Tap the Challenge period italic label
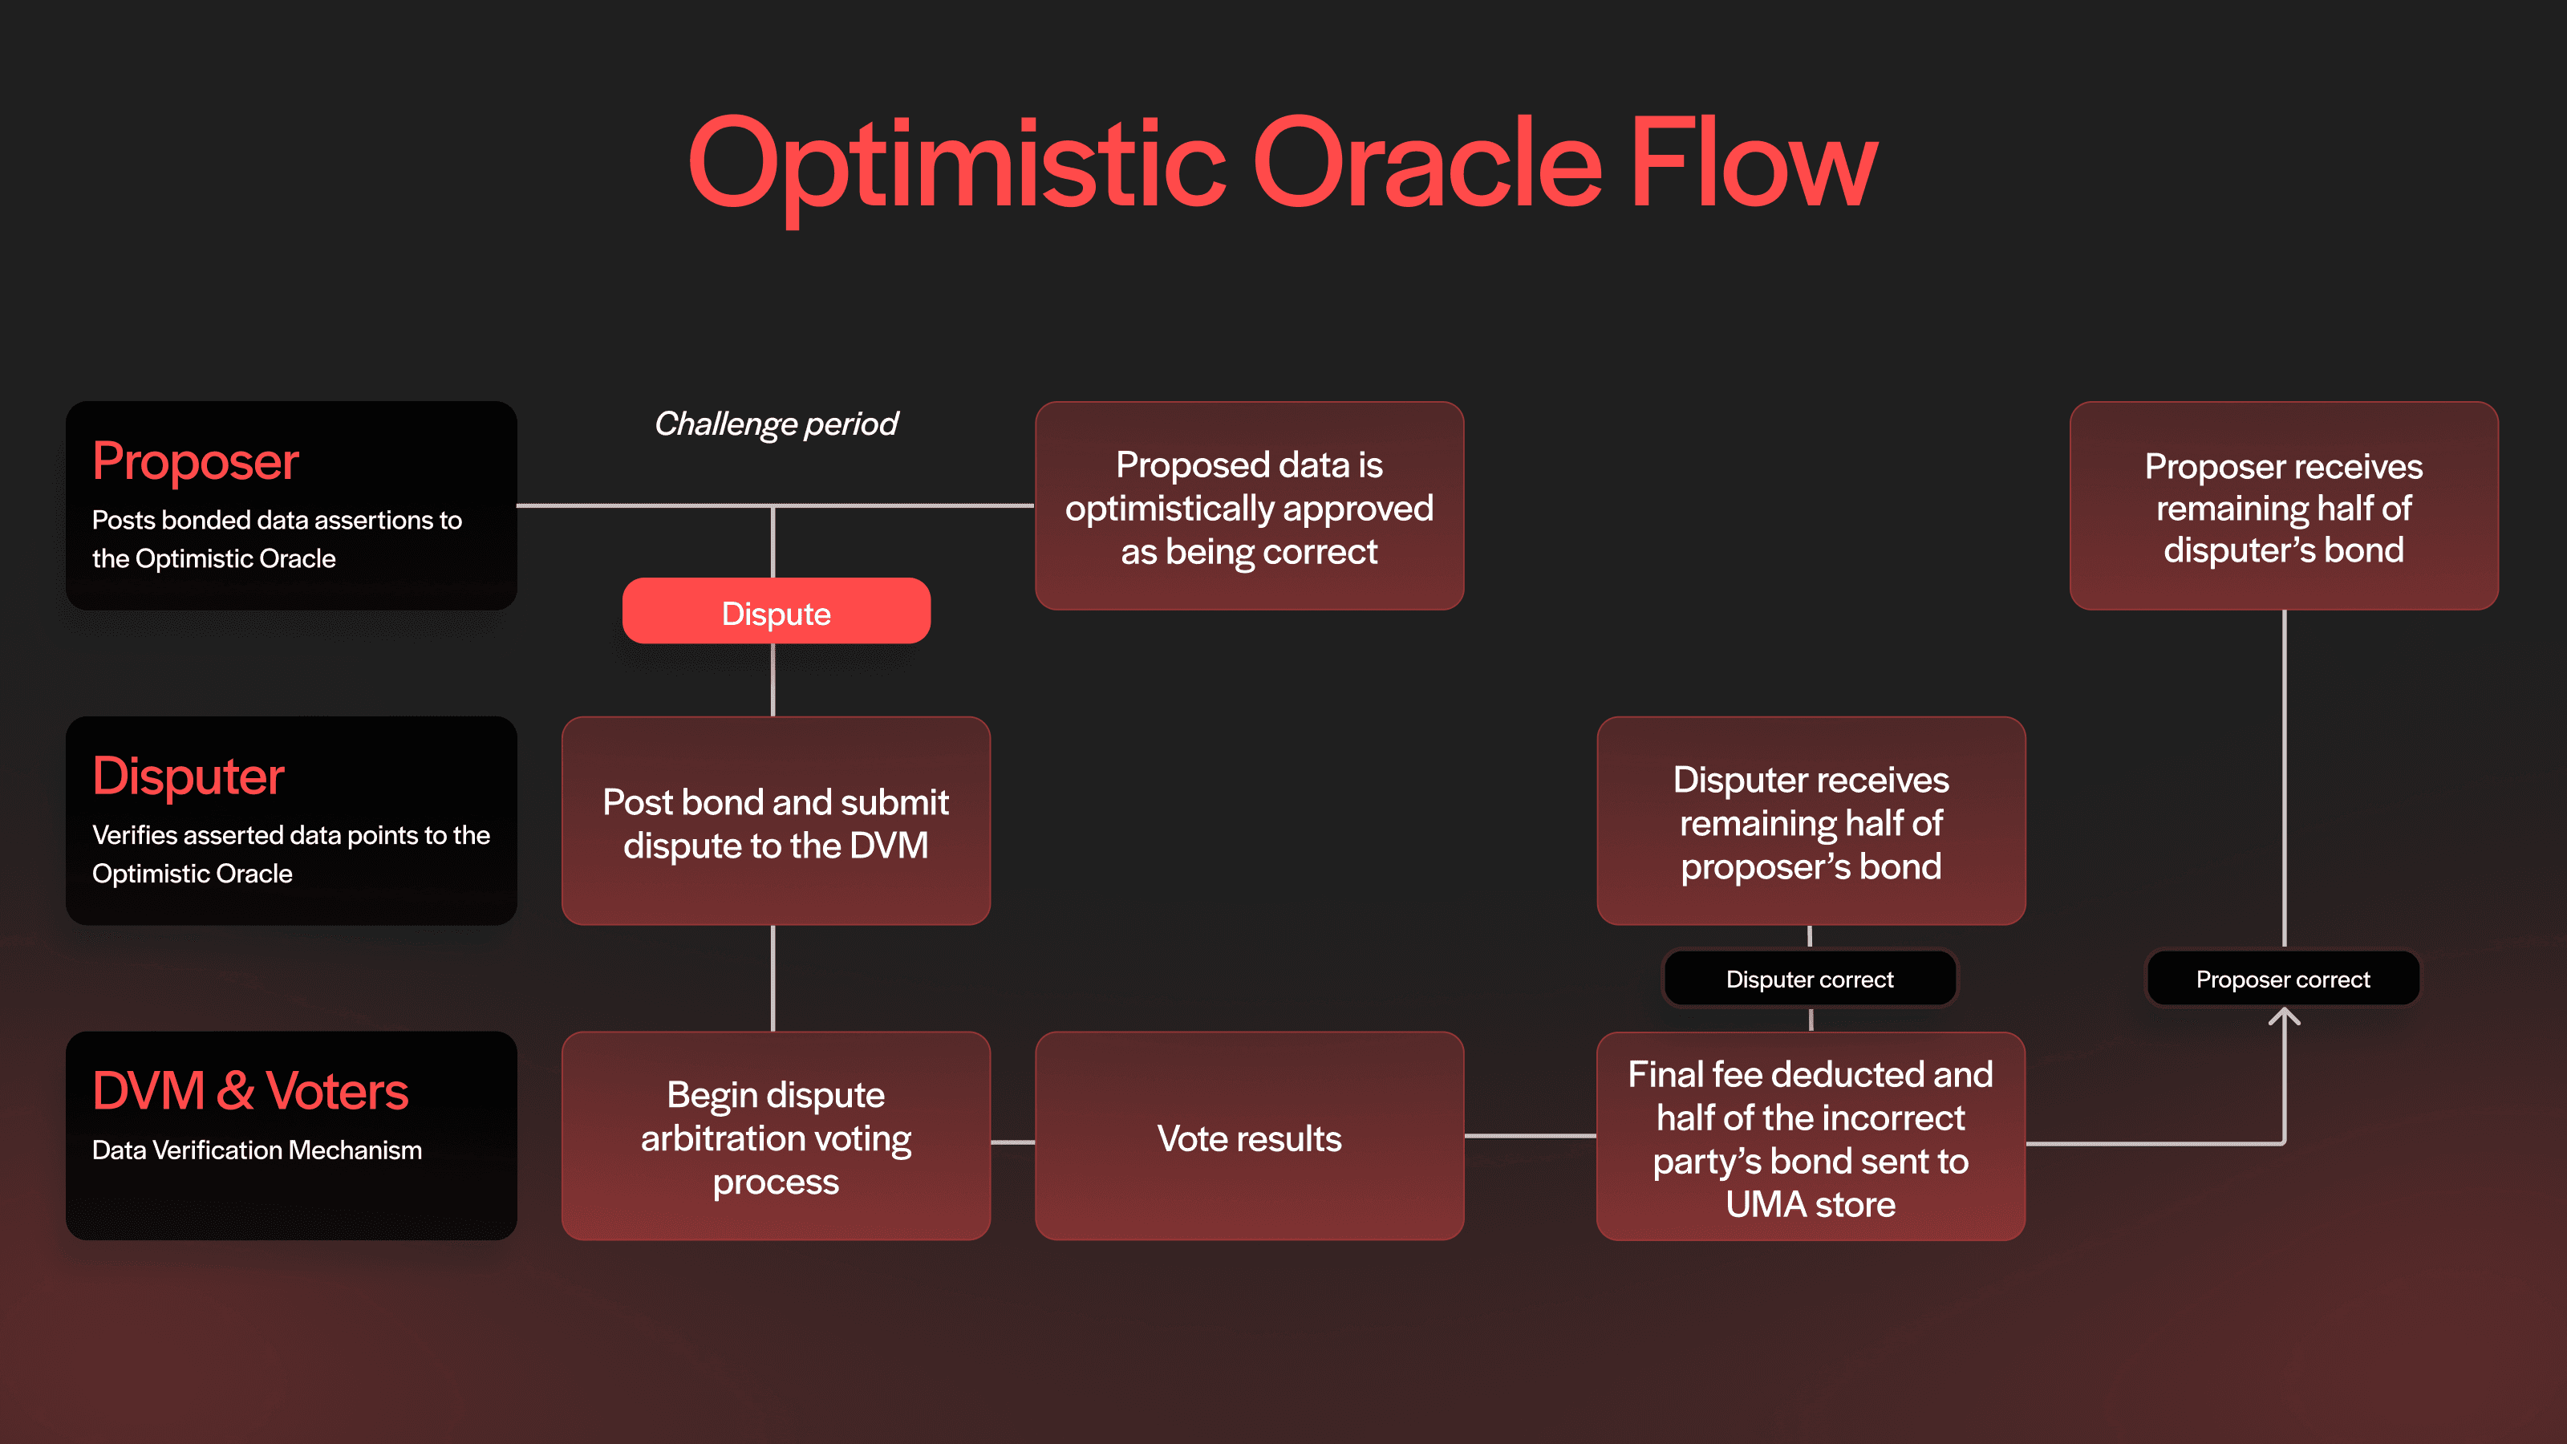point(775,424)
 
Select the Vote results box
point(1249,1136)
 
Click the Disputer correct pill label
point(1809,979)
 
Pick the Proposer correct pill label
point(2282,979)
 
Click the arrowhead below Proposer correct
point(2283,1016)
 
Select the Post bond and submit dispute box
point(775,821)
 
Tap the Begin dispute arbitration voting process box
point(775,1136)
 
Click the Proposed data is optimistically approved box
point(1249,506)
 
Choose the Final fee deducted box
point(1810,1136)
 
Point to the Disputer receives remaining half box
point(1810,821)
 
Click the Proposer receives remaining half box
point(2283,506)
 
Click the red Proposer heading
point(195,461)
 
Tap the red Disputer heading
point(189,777)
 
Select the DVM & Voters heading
point(250,1090)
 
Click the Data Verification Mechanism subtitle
point(257,1150)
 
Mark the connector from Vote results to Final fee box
point(1530,1135)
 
